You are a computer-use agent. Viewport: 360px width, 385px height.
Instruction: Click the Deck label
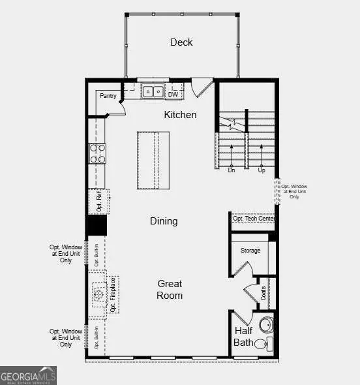[x=181, y=42]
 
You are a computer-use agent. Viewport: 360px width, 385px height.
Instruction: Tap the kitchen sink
[x=153, y=91]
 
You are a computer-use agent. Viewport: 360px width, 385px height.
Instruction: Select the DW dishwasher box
[x=173, y=95]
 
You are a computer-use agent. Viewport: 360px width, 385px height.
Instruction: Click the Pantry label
[x=108, y=96]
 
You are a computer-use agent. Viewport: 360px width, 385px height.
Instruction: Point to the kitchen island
[x=153, y=161]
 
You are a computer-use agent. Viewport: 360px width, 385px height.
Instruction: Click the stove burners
[x=97, y=153]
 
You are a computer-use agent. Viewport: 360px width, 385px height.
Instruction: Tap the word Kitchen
[x=180, y=115]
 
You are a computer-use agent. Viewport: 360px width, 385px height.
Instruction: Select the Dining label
[x=164, y=221]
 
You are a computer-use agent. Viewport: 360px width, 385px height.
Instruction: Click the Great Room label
[x=170, y=290]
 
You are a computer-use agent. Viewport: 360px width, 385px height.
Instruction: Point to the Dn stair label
[x=231, y=170]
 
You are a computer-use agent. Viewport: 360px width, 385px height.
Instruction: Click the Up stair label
[x=262, y=170]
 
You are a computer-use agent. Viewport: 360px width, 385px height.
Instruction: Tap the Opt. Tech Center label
[x=253, y=219]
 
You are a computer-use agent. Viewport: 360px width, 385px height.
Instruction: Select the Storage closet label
[x=250, y=251]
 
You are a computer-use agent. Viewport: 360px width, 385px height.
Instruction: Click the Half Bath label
[x=243, y=336]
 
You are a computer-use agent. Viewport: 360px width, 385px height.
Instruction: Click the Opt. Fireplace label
[x=113, y=295]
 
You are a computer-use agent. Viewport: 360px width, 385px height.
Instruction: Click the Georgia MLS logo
[x=28, y=376]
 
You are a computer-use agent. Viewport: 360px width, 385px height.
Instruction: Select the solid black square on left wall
[x=97, y=225]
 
